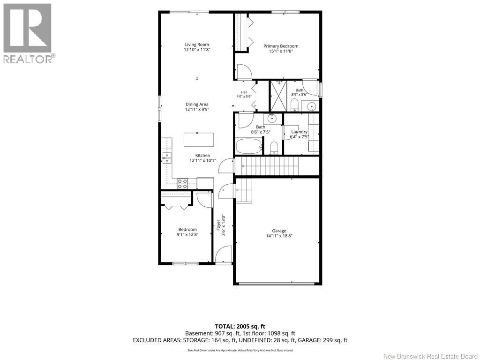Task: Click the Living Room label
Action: point(197,45)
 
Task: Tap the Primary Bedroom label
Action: point(281,46)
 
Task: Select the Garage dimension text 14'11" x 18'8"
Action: point(279,236)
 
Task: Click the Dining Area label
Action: point(197,105)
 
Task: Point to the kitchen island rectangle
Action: point(198,140)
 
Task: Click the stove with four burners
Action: point(182,183)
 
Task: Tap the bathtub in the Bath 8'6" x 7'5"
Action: point(248,147)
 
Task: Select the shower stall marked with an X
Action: point(278,96)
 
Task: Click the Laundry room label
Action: point(299,132)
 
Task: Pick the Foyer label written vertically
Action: point(218,225)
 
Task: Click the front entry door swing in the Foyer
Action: point(223,254)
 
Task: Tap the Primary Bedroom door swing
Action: point(244,72)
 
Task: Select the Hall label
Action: point(244,92)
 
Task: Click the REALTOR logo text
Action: point(28,59)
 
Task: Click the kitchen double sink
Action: point(167,157)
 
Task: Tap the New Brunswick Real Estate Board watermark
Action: point(431,356)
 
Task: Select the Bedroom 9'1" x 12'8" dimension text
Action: point(187,234)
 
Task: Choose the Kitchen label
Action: point(202,156)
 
